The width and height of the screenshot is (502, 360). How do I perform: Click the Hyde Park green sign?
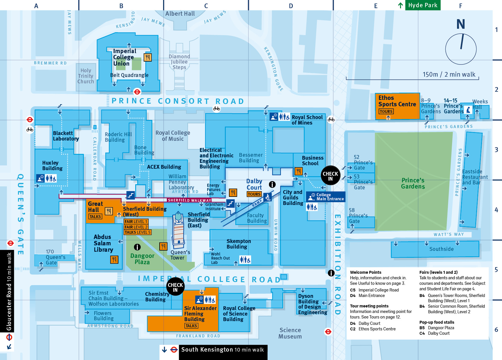click(x=422, y=5)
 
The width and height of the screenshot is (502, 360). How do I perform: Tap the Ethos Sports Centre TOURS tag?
click(x=386, y=111)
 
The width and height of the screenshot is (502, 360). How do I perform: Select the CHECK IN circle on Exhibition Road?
click(x=330, y=176)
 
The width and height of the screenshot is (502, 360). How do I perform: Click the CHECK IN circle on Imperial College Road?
click(x=175, y=287)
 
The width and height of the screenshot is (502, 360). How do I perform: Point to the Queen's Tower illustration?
click(x=178, y=229)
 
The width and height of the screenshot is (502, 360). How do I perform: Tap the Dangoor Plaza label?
click(x=142, y=259)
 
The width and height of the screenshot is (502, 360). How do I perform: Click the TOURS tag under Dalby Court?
click(x=254, y=194)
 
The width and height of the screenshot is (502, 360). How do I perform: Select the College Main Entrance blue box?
click(x=326, y=197)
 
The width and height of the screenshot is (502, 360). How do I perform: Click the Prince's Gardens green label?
click(x=413, y=183)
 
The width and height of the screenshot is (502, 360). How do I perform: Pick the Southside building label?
click(x=441, y=249)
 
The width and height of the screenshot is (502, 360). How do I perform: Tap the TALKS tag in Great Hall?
click(x=95, y=217)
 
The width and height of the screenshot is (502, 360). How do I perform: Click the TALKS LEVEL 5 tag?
click(x=138, y=232)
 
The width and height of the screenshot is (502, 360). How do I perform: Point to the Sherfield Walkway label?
click(x=189, y=200)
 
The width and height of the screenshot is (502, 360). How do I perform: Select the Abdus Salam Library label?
click(x=103, y=243)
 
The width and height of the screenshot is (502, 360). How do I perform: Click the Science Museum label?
click(x=290, y=333)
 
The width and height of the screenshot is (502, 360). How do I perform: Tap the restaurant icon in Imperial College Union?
click(x=148, y=57)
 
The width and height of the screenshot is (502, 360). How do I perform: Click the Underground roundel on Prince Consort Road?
click(x=137, y=92)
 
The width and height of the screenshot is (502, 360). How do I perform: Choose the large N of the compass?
click(x=461, y=24)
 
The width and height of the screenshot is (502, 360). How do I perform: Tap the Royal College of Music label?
click(x=173, y=136)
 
